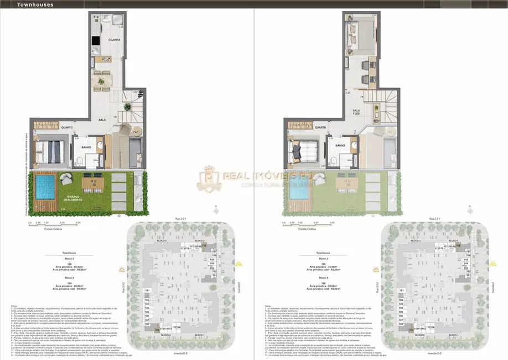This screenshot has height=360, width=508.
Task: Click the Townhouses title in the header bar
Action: point(22,4)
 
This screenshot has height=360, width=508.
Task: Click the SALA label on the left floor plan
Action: point(102,119)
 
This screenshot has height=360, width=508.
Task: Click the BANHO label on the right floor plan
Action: point(340,146)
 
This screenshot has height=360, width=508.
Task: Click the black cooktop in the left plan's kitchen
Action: point(96,39)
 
